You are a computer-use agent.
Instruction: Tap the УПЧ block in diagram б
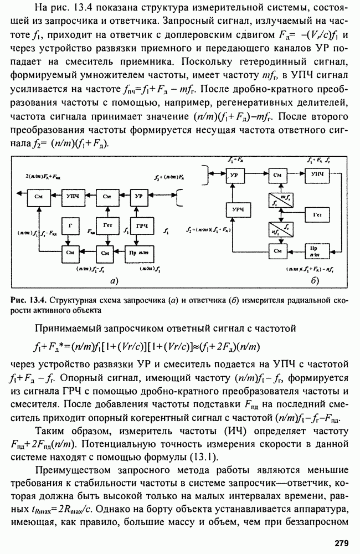[317, 175]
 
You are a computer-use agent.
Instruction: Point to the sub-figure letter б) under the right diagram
[313, 281]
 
